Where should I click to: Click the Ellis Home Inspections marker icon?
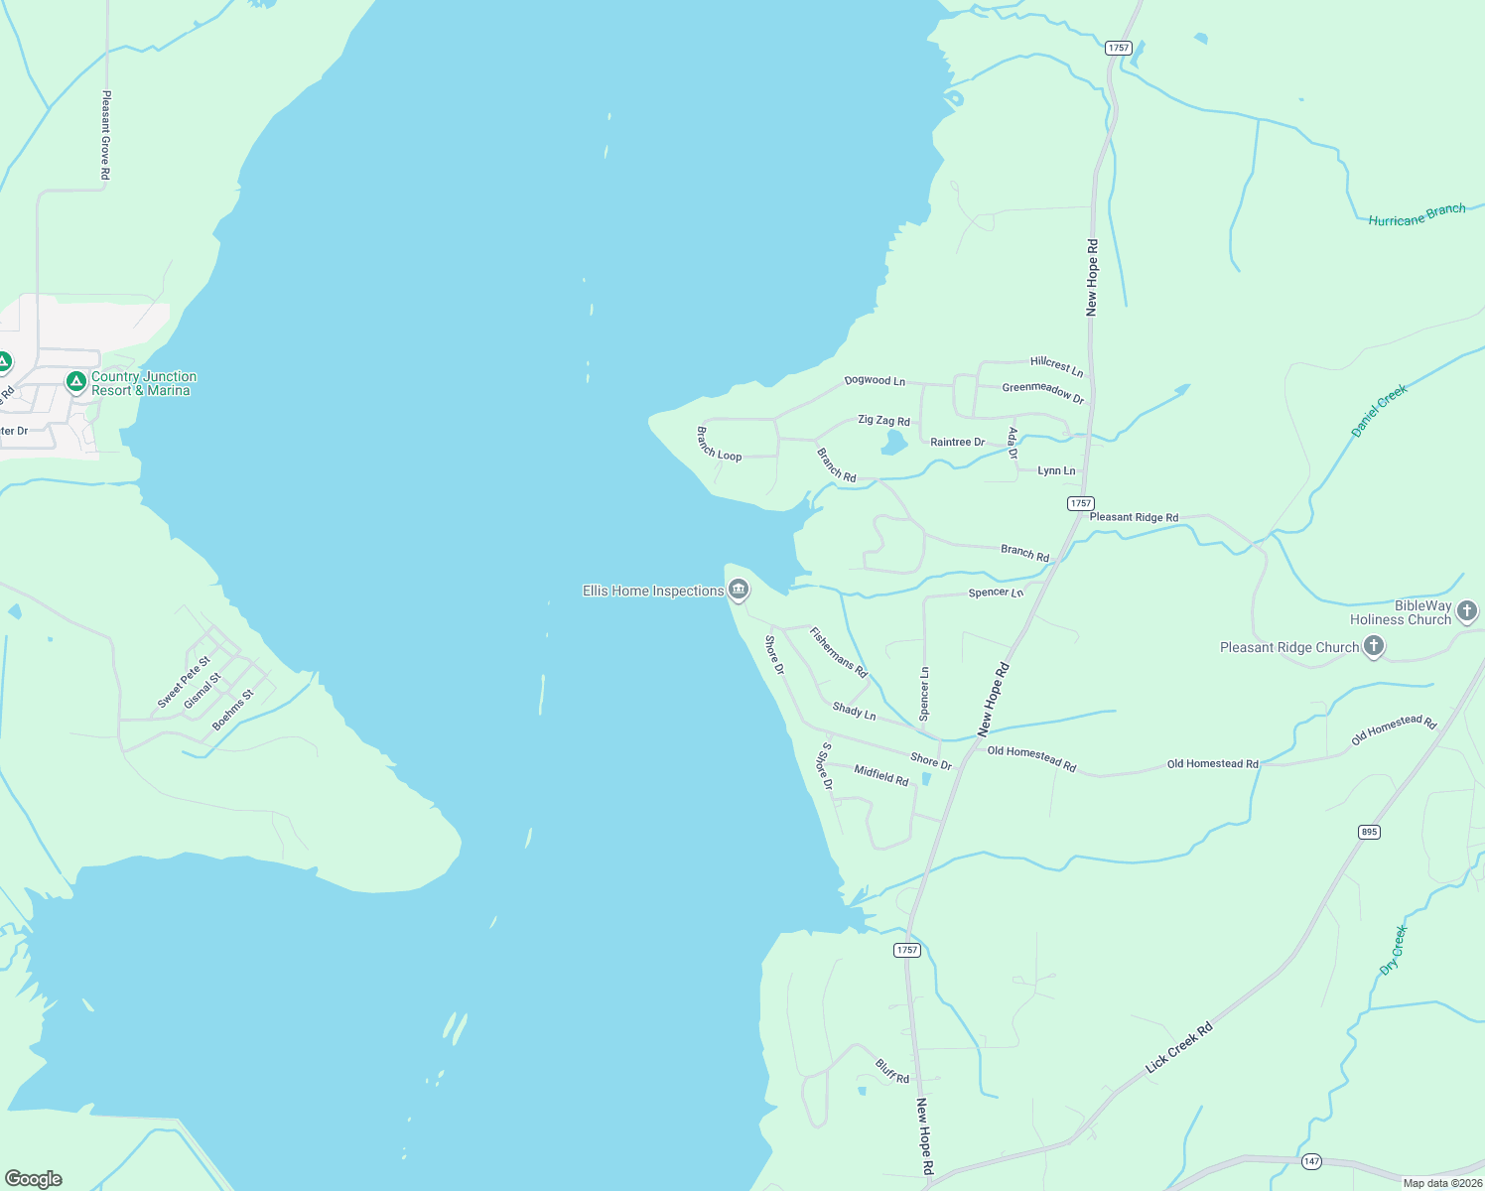pyautogui.click(x=739, y=591)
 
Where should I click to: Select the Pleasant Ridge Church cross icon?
pyautogui.click(x=1374, y=647)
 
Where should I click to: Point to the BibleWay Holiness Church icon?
pyautogui.click(x=1467, y=611)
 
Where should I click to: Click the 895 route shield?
pyautogui.click(x=1369, y=832)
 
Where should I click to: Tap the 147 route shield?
pyautogui.click(x=1312, y=1161)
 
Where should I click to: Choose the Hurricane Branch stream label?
pyautogui.click(x=1417, y=215)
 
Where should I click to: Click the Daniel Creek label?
pyautogui.click(x=1379, y=411)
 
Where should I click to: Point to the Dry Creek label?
pyautogui.click(x=1394, y=950)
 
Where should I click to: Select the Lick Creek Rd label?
pyautogui.click(x=1178, y=1048)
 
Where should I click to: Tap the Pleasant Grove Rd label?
pyautogui.click(x=106, y=135)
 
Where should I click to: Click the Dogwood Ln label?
pyautogui.click(x=875, y=380)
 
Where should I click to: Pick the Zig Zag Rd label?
pyautogui.click(x=883, y=421)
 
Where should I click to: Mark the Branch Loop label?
pyautogui.click(x=719, y=444)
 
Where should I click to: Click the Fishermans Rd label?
pyautogui.click(x=838, y=652)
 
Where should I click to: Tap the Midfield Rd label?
pyautogui.click(x=881, y=774)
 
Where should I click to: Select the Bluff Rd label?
pyautogui.click(x=891, y=1071)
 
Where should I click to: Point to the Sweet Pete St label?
pyautogui.click(x=184, y=682)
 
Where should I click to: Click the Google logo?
pyautogui.click(x=34, y=1179)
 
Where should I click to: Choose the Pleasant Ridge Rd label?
pyautogui.click(x=1134, y=517)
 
